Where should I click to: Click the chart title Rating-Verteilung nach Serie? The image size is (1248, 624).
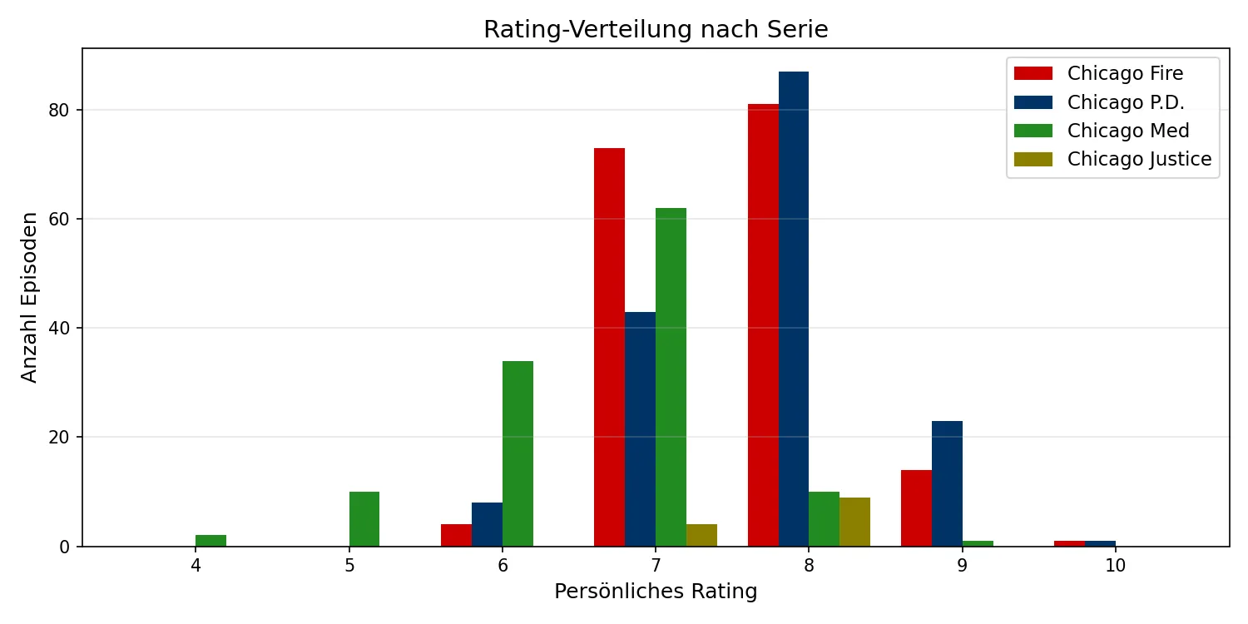tap(656, 30)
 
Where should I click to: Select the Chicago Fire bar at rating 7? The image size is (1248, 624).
tap(609, 347)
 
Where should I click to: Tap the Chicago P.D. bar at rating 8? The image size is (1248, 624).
tap(794, 309)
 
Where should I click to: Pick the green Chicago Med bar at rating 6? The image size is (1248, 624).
tap(518, 453)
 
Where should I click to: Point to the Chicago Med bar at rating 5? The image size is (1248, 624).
tap(364, 519)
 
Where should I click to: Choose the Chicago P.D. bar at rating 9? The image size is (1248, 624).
tap(947, 483)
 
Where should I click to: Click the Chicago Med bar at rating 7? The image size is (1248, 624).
tap(671, 377)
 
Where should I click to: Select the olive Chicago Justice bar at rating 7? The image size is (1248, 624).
tap(701, 535)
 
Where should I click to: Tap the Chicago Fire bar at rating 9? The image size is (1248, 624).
tap(916, 508)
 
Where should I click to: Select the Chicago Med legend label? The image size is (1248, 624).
tap(1128, 131)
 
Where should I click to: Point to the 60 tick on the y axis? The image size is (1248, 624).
tap(63, 219)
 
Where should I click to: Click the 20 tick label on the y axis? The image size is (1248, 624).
tap(63, 438)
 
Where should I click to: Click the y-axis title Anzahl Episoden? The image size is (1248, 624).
tap(30, 297)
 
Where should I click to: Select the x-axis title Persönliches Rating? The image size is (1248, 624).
tap(656, 592)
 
